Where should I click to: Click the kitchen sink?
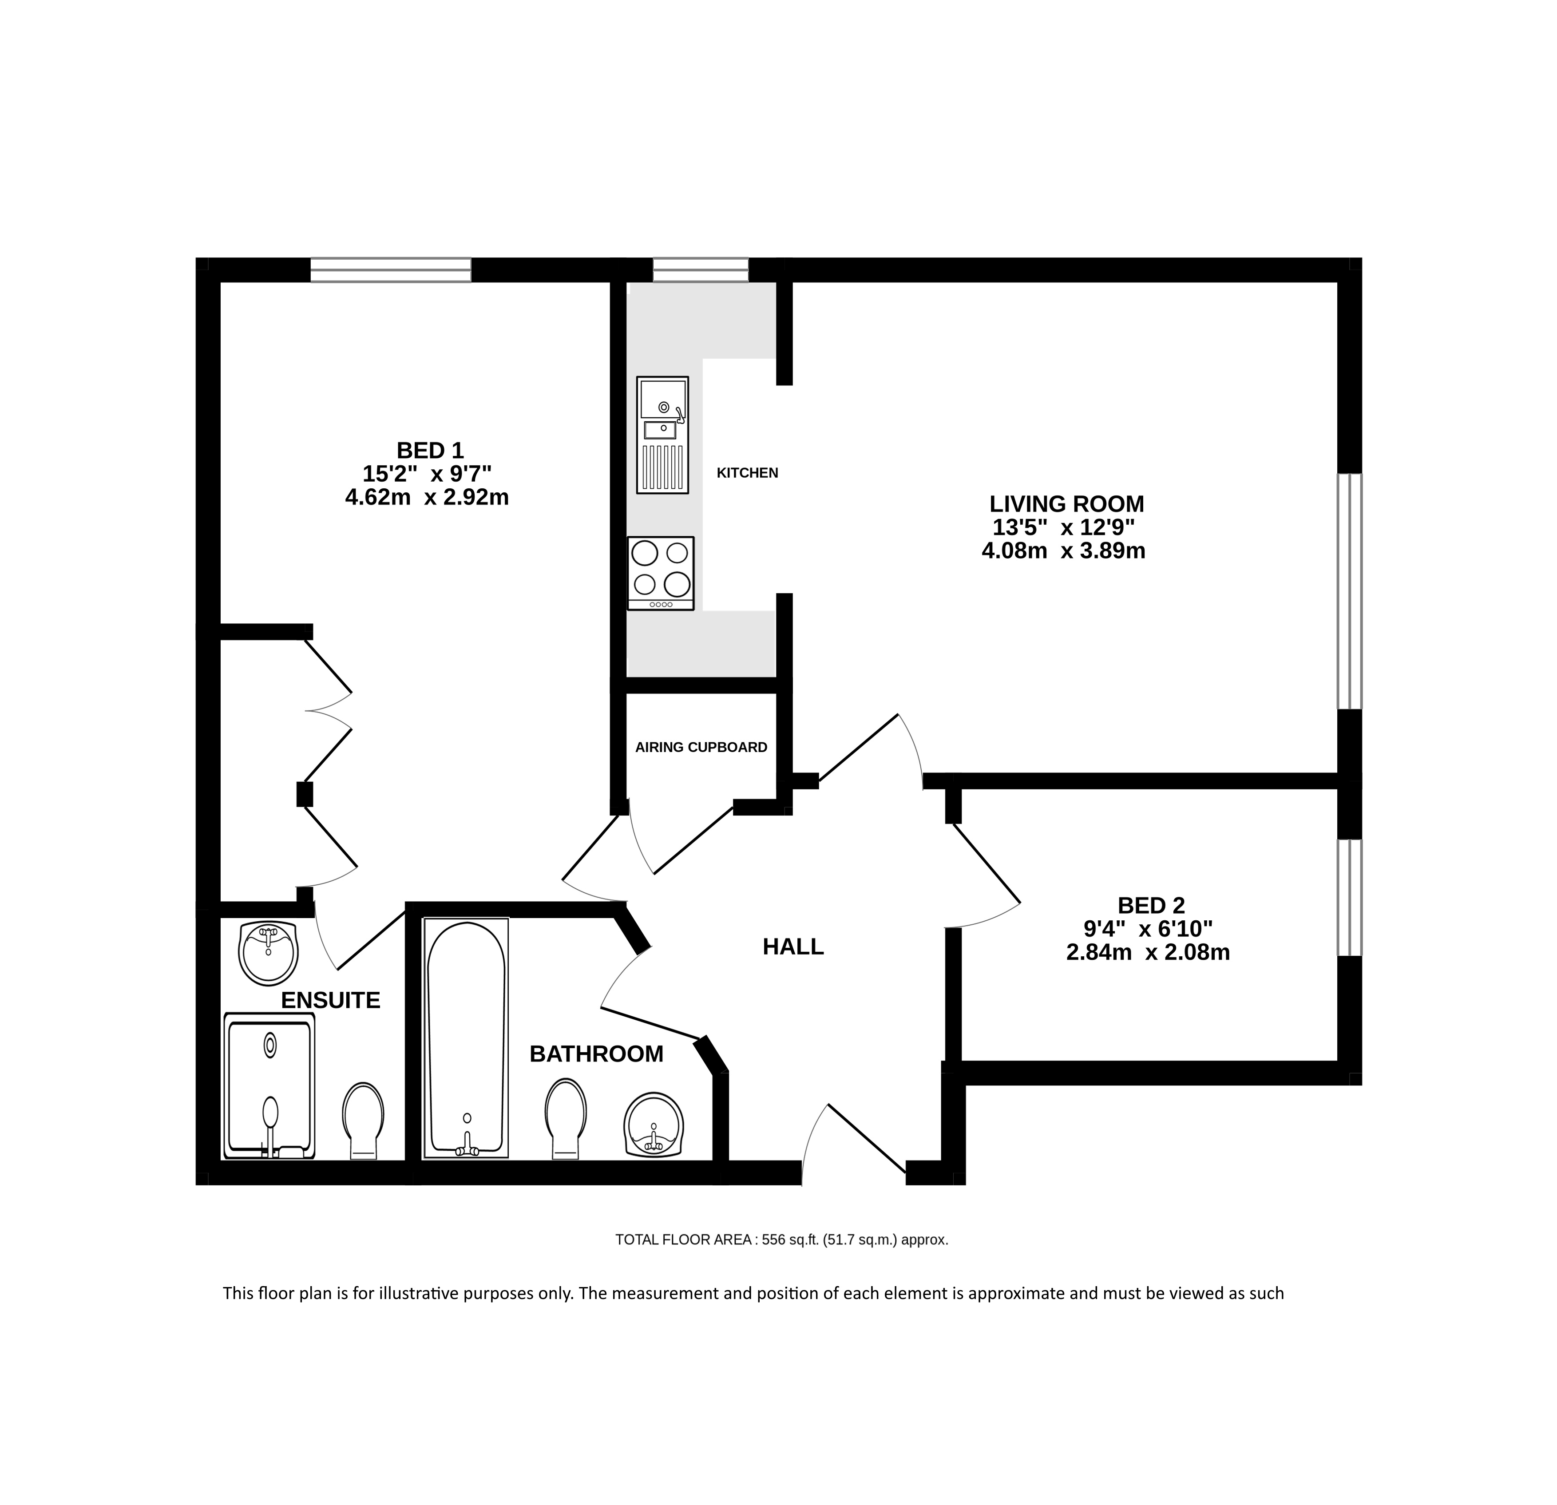(662, 435)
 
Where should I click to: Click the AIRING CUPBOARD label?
(701, 747)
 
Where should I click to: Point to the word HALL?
(793, 947)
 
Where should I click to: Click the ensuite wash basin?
(269, 953)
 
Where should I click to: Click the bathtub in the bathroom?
(466, 1037)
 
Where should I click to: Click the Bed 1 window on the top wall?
(390, 270)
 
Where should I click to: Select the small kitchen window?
(701, 270)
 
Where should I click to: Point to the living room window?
(1350, 591)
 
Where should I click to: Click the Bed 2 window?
(1350, 897)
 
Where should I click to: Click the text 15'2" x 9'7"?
(428, 474)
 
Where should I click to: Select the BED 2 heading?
(1151, 905)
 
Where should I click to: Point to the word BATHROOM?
(597, 1054)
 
